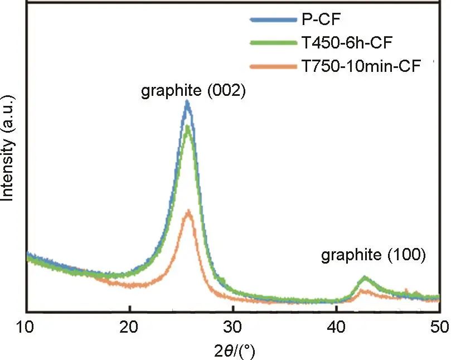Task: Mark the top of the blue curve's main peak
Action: coord(187,102)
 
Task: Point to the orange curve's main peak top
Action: coord(188,211)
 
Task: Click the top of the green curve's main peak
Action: coord(188,127)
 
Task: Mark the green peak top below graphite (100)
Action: coord(365,277)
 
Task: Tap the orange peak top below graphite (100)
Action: coord(364,290)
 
